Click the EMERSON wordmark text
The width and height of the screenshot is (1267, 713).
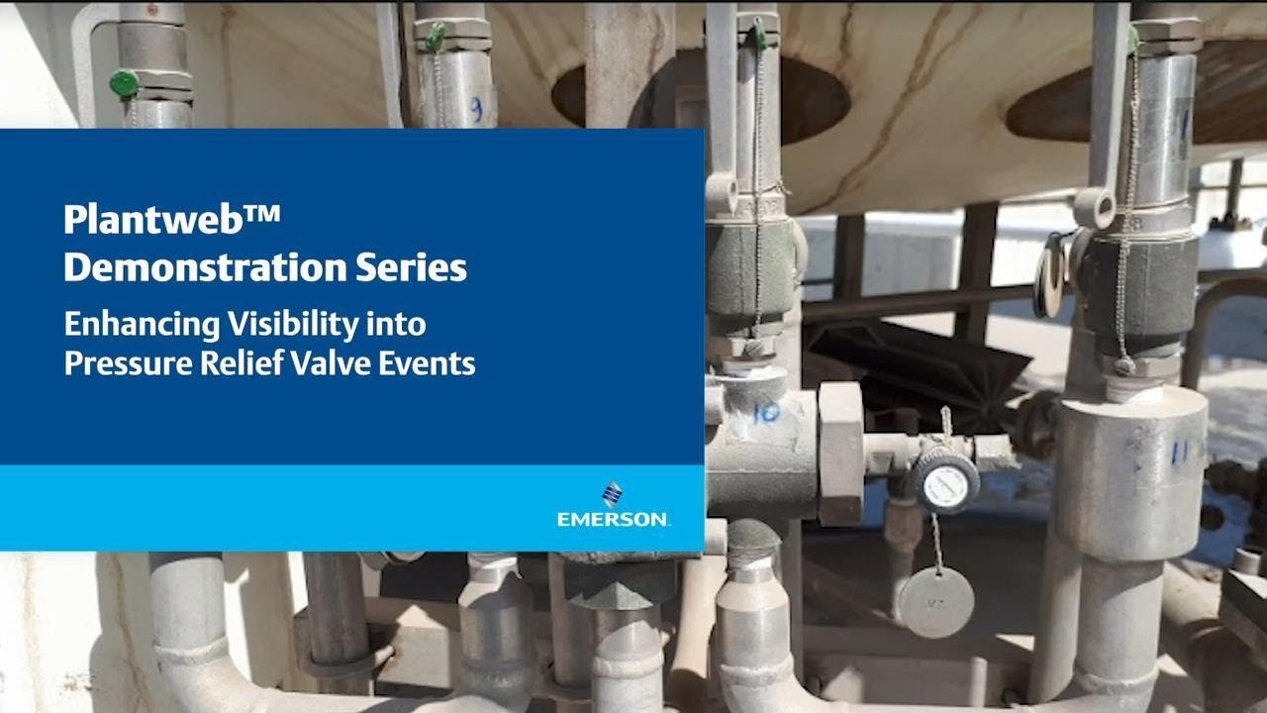pyautogui.click(x=613, y=519)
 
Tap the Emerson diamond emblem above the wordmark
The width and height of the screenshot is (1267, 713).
pyautogui.click(x=613, y=493)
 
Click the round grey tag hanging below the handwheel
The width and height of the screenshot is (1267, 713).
pyautogui.click(x=935, y=601)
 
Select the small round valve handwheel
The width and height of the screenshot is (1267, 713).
pyautogui.click(x=945, y=480)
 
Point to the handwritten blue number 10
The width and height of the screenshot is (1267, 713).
pyautogui.click(x=765, y=412)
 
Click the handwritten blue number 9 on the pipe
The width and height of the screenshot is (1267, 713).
pyautogui.click(x=475, y=109)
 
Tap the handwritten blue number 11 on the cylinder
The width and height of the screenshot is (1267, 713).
pyautogui.click(x=1178, y=453)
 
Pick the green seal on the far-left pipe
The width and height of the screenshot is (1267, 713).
pyautogui.click(x=125, y=83)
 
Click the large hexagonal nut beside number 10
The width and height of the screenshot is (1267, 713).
pyautogui.click(x=840, y=454)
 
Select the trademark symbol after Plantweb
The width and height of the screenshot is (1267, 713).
pyautogui.click(x=262, y=211)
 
